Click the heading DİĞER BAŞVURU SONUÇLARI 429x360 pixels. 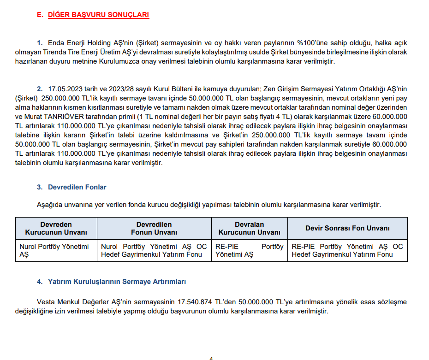click(98, 15)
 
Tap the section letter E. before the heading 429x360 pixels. click(40, 15)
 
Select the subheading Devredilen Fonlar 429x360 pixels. click(77, 187)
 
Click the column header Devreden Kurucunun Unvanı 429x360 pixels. click(56, 228)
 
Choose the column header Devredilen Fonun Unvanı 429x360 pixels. click(154, 228)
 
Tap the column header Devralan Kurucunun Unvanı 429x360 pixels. click(249, 228)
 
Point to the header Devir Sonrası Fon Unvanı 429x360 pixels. click(347, 228)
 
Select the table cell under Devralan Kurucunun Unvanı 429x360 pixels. click(249, 250)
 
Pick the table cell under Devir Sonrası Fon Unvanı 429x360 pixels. click(347, 250)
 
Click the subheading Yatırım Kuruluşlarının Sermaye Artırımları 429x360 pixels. click(117, 281)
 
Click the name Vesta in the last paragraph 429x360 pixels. click(46, 302)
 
